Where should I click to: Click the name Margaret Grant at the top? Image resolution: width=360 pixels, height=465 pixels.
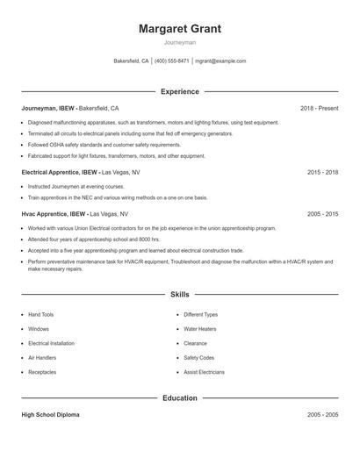(179, 29)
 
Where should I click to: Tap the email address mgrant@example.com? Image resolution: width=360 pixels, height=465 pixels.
(220, 61)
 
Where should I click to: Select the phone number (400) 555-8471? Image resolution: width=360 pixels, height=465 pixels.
(171, 61)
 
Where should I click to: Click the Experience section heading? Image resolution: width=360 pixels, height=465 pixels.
(179, 91)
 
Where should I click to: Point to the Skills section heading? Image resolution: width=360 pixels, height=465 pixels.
(179, 295)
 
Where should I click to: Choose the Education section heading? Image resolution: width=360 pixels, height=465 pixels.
(179, 397)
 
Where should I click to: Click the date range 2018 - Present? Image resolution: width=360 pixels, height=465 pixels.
(319, 108)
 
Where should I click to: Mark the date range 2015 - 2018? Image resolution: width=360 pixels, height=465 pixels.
(322, 173)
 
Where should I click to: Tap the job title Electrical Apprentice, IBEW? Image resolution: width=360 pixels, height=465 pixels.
(60, 173)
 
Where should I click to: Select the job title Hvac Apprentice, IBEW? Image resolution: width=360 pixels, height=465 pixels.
(54, 213)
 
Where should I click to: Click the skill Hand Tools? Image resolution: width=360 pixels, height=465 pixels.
(40, 314)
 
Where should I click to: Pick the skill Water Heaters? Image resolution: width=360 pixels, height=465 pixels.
(200, 329)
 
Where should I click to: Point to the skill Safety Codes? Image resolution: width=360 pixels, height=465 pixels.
(198, 358)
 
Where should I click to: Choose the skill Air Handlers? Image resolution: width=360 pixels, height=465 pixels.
(42, 358)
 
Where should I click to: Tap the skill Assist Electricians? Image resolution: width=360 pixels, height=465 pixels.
(204, 372)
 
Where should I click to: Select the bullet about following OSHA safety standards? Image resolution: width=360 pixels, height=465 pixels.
(104, 145)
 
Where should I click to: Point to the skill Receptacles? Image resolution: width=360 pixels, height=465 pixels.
(42, 372)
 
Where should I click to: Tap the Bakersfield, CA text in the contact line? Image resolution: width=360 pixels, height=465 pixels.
(132, 61)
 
